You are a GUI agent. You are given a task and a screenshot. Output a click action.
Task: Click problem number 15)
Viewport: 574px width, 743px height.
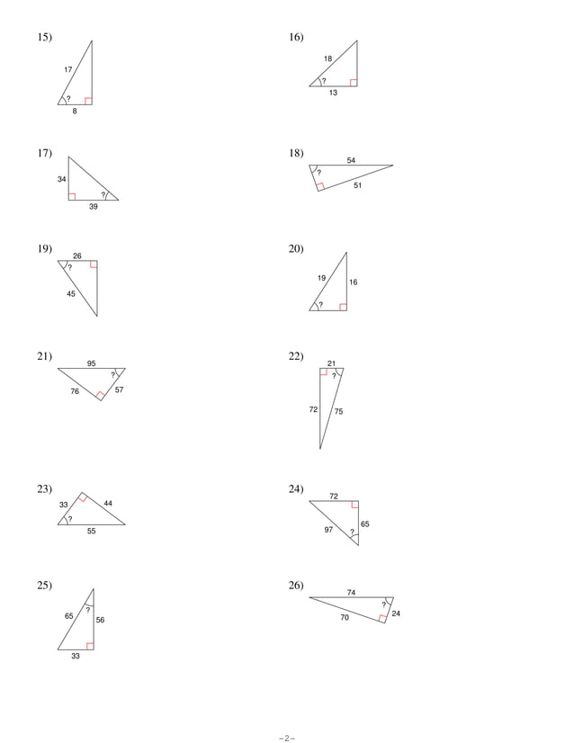click(x=44, y=38)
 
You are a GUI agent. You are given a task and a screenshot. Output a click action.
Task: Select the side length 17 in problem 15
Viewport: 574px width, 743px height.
click(x=67, y=69)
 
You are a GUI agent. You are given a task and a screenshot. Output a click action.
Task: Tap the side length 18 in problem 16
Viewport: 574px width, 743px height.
click(x=327, y=59)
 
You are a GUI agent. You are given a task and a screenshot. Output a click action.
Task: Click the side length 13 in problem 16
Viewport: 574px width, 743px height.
click(x=333, y=94)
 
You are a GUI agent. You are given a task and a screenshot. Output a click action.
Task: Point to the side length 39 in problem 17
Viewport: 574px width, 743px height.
click(x=94, y=207)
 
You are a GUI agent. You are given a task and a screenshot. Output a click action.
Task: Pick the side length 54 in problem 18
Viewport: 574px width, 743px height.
click(x=351, y=160)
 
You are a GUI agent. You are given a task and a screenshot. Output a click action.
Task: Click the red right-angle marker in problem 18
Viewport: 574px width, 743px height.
click(x=320, y=186)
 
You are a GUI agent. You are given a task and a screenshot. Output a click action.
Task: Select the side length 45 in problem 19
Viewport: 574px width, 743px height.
click(x=71, y=294)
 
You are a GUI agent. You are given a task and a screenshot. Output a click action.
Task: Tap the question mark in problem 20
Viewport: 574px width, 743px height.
click(x=320, y=305)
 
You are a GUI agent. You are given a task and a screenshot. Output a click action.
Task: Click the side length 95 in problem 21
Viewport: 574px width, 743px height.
click(x=92, y=363)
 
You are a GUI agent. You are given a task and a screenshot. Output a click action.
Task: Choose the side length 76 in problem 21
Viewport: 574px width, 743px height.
click(x=75, y=391)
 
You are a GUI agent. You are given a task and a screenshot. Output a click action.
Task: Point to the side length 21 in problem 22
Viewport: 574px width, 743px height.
click(x=331, y=363)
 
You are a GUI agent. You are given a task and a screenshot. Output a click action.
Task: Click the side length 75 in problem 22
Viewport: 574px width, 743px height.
click(x=338, y=411)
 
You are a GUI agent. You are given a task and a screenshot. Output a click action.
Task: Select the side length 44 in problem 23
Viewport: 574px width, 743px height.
click(x=108, y=503)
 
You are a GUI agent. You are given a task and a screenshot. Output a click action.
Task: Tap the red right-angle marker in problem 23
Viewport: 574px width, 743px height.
click(x=82, y=498)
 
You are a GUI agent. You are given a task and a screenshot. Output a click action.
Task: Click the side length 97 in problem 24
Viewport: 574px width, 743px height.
click(x=328, y=530)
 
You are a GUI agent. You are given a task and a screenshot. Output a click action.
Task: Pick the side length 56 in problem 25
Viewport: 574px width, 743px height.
click(x=100, y=620)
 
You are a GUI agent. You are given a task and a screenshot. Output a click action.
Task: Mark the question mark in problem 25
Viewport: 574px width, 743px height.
click(x=88, y=610)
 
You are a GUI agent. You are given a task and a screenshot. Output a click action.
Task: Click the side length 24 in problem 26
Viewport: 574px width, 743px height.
click(x=396, y=613)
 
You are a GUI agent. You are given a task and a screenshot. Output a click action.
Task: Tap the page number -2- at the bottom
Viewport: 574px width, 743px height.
click(x=287, y=738)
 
